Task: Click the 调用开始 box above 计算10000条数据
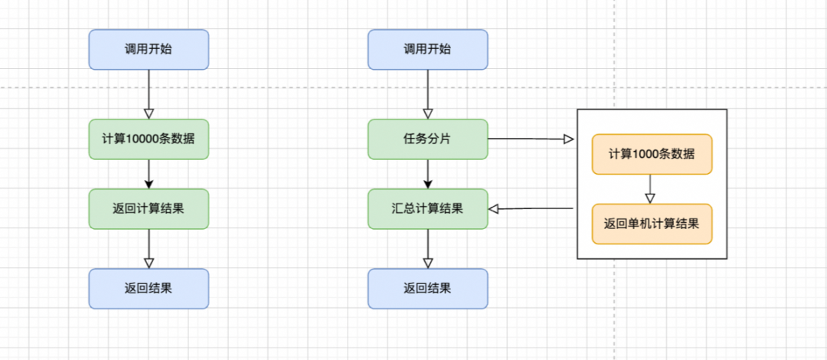point(149,49)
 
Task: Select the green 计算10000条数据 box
point(149,139)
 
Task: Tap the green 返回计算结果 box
point(149,208)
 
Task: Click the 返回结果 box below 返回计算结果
point(149,289)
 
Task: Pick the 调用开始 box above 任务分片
point(427,49)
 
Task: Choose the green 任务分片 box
point(427,139)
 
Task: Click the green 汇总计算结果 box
point(427,208)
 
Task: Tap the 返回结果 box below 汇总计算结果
point(427,289)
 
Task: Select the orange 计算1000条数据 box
point(652,154)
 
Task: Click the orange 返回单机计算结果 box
point(652,224)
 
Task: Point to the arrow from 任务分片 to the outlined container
point(531,139)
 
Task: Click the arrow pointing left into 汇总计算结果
point(531,208)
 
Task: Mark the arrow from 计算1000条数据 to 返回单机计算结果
point(651,188)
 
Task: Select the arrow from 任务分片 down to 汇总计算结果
point(428,174)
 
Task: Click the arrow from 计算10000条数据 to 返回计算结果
point(149,174)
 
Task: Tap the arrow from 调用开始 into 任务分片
point(428,94)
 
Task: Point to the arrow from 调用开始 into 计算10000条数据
point(149,94)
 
